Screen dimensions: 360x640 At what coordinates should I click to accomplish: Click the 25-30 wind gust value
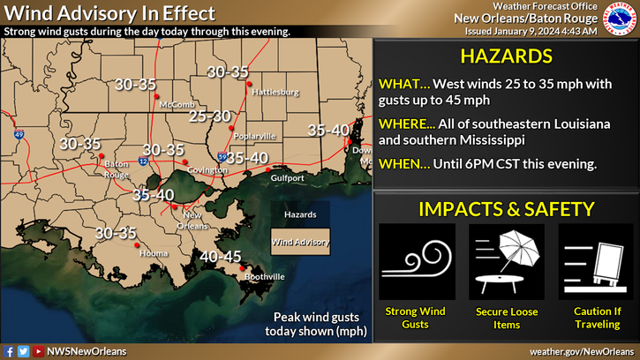point(210,116)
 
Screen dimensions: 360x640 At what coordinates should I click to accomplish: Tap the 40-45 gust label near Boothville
point(221,257)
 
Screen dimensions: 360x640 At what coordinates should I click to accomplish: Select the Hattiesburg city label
point(275,92)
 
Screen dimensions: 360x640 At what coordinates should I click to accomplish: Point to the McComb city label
point(170,104)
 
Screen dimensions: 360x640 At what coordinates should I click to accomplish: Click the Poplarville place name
point(255,136)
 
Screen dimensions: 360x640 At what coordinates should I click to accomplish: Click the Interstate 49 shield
point(19,136)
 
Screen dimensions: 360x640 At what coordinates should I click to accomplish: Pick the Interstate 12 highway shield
point(143,161)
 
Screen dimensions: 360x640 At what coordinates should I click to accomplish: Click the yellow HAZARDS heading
point(507,57)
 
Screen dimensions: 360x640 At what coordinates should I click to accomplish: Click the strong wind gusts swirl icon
point(417,261)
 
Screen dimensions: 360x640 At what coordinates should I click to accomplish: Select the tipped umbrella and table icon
point(507,261)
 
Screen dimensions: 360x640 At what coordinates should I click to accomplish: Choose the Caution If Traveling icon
point(596,261)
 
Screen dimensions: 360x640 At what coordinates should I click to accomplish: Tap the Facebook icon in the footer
point(9,351)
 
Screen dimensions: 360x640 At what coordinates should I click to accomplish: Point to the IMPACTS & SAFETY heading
point(507,209)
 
